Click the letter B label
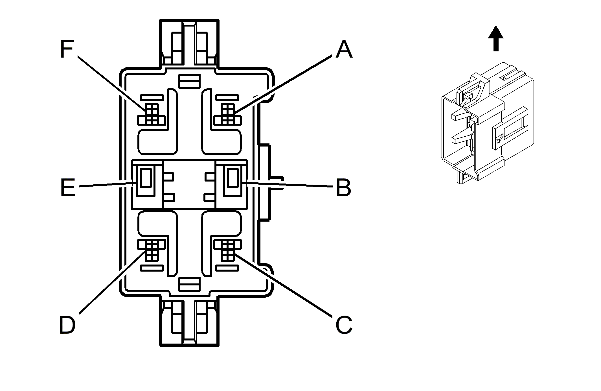coord(343,187)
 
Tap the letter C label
coord(344,325)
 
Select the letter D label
coord(67,325)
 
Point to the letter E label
coord(68,187)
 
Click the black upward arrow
coord(496,39)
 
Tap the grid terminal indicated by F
coord(152,114)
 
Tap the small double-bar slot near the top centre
coord(190,81)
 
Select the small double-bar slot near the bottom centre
coord(190,284)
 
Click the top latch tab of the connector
coord(190,42)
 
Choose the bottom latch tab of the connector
coord(190,322)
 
